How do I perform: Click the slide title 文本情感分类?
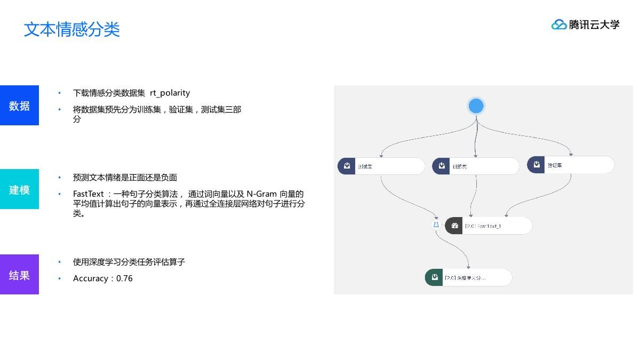point(71,29)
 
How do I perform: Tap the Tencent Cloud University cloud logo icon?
point(559,25)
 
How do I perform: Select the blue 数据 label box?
point(19,106)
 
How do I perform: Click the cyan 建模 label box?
point(19,189)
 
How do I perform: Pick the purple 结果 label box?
point(19,275)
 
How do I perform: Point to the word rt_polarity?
point(170,93)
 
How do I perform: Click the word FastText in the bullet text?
point(88,194)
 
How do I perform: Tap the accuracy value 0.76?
point(124,278)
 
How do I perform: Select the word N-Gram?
point(261,194)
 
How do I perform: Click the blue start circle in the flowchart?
point(476,106)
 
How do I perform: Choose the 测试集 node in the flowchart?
point(381,166)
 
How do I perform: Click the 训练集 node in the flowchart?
point(476,166)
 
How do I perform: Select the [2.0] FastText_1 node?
point(489,226)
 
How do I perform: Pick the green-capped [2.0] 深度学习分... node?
point(468,278)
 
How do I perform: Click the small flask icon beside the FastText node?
point(436,225)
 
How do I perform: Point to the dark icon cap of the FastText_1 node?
point(454,226)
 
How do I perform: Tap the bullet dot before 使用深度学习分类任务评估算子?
point(60,262)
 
